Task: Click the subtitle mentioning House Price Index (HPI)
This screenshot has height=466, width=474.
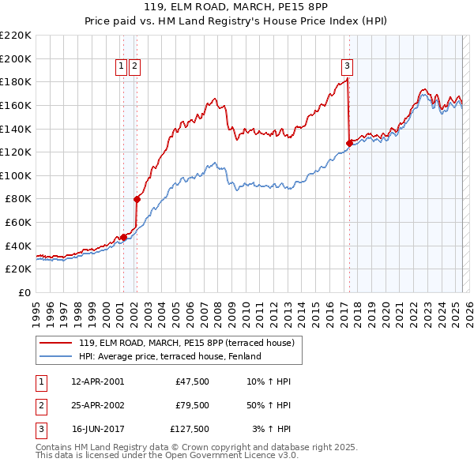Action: point(237,23)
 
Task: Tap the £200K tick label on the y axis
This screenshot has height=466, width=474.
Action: point(16,58)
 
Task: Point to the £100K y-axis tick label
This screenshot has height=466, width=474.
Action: point(16,175)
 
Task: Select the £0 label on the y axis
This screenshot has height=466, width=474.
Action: point(25,292)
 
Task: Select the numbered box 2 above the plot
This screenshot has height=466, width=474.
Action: point(136,67)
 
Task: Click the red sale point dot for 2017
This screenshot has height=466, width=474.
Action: point(349,143)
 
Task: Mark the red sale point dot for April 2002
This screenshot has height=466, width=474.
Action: point(137,199)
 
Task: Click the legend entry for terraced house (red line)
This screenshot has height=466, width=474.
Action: point(186,343)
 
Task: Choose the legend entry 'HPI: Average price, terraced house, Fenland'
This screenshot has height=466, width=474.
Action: point(169,356)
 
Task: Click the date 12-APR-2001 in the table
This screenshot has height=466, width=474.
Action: point(98,381)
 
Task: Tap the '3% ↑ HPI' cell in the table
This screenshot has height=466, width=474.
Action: point(272,430)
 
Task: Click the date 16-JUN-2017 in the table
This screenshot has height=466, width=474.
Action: point(98,430)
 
